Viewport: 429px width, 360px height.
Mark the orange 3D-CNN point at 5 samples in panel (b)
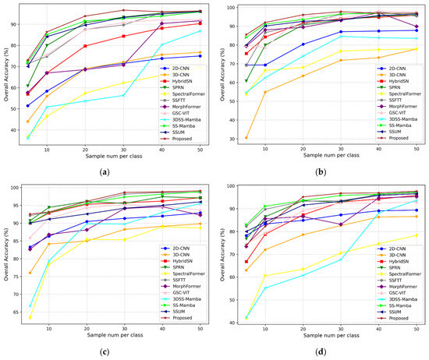(246, 138)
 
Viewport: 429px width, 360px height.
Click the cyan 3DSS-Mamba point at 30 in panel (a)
(124, 95)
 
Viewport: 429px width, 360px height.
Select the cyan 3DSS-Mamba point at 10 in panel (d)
(265, 288)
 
